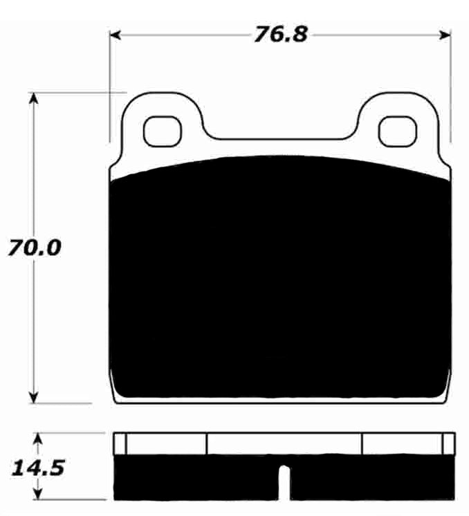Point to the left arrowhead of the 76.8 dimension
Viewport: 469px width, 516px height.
click(116, 35)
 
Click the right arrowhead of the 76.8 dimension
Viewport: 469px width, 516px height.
click(445, 35)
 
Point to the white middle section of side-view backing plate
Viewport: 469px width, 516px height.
click(284, 443)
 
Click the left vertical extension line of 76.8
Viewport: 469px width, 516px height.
click(110, 83)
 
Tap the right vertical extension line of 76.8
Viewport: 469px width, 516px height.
click(452, 83)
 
